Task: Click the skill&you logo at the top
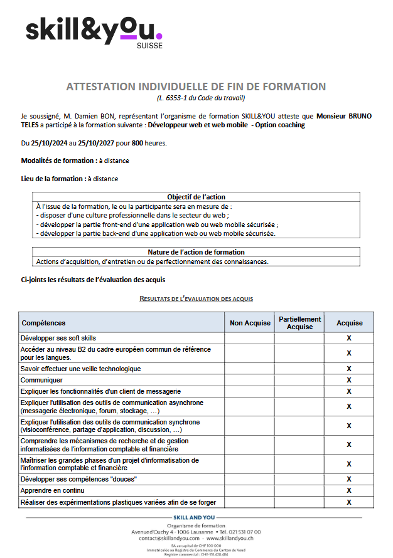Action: pyautogui.click(x=94, y=31)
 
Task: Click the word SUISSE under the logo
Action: pyautogui.click(x=149, y=46)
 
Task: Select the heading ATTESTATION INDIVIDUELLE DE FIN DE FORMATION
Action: pyautogui.click(x=196, y=87)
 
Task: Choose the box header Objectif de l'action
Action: pyautogui.click(x=196, y=197)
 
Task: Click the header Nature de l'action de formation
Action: pyautogui.click(x=196, y=252)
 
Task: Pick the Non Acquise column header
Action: pyautogui.click(x=249, y=323)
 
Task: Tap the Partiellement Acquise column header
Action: pyautogui.click(x=299, y=323)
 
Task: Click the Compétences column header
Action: pyautogui.click(x=43, y=323)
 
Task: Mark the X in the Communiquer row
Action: pyautogui.click(x=349, y=380)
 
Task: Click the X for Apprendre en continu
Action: pyautogui.click(x=349, y=490)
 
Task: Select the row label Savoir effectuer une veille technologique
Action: pyautogui.click(x=81, y=369)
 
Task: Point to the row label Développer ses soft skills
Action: pyautogui.click(x=58, y=338)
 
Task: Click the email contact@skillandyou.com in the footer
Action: pyautogui.click(x=170, y=538)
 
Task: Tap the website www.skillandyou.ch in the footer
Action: pyautogui.click(x=230, y=538)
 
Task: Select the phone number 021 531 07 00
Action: pyautogui.click(x=244, y=532)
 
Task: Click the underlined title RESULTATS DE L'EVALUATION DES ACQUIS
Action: pyautogui.click(x=196, y=299)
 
